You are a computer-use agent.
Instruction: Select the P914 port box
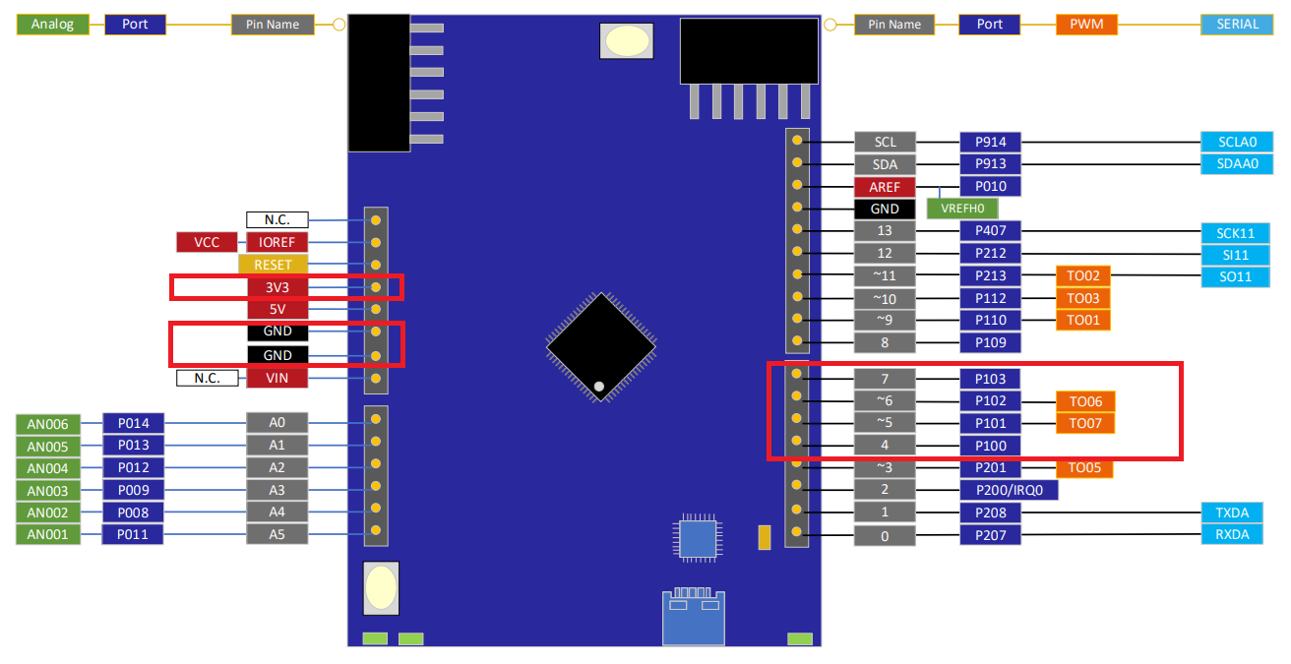pos(990,142)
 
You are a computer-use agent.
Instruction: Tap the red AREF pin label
pos(885,187)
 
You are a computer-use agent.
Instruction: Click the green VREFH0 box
pos(961,209)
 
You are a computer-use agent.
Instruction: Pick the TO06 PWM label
pos(1085,401)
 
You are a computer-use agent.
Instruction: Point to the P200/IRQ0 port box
pos(1009,490)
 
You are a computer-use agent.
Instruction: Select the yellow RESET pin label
pos(273,265)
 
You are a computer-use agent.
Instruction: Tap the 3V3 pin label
pos(277,287)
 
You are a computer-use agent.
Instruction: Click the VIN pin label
pos(277,378)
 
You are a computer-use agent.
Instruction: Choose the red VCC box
pos(207,242)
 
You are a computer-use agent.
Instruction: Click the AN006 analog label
pos(48,424)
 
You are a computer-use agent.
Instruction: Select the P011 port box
pos(133,535)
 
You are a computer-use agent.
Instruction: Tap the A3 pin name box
pos(277,490)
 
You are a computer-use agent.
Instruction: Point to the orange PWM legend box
pos(1086,25)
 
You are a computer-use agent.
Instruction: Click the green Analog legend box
pos(52,25)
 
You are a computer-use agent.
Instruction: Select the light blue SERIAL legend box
pos(1238,25)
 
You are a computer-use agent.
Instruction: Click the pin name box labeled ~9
pos(885,321)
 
